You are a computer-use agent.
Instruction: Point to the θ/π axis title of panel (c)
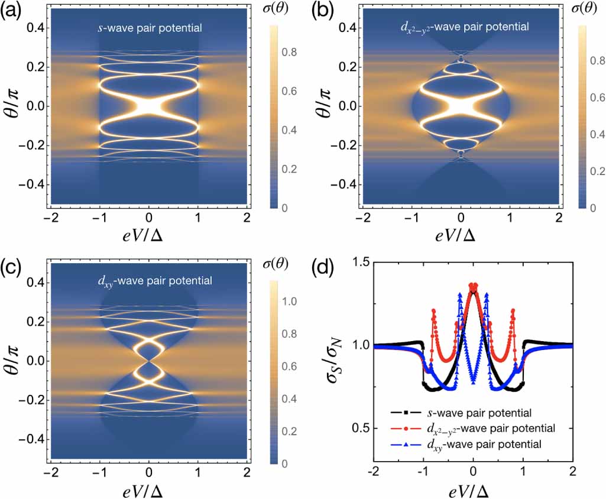pyautogui.click(x=15, y=361)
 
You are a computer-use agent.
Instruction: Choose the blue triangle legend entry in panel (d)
pyautogui.click(x=462, y=443)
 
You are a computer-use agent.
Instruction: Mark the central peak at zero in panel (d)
pyautogui.click(x=472, y=286)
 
